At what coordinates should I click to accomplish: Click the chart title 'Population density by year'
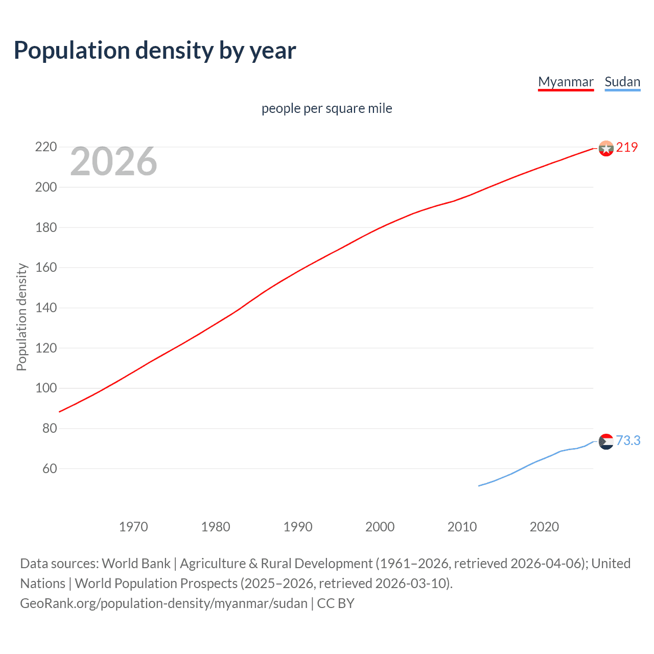click(x=155, y=51)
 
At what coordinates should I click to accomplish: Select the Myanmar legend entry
click(x=566, y=82)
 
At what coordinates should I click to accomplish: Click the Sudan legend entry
click(x=622, y=82)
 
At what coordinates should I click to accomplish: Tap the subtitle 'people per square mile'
click(x=326, y=108)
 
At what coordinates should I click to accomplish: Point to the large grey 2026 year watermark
click(x=113, y=161)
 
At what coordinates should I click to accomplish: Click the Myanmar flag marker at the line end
click(x=605, y=148)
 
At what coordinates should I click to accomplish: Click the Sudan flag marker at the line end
click(x=605, y=441)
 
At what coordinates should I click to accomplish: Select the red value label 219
click(x=627, y=147)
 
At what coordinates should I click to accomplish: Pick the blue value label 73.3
click(x=628, y=440)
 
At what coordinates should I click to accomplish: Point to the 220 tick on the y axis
click(x=46, y=147)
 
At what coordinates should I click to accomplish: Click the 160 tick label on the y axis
click(x=46, y=268)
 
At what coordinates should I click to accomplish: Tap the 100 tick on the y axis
click(x=46, y=388)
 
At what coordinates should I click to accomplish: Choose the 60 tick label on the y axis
click(x=49, y=469)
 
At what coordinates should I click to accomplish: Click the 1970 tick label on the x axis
click(x=133, y=527)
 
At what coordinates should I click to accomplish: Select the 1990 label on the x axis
click(x=298, y=527)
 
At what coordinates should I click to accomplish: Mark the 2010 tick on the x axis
click(x=462, y=527)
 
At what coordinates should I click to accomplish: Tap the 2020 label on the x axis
click(x=544, y=527)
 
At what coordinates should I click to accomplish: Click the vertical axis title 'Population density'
click(x=21, y=317)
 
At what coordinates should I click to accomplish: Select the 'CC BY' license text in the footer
click(x=336, y=603)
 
